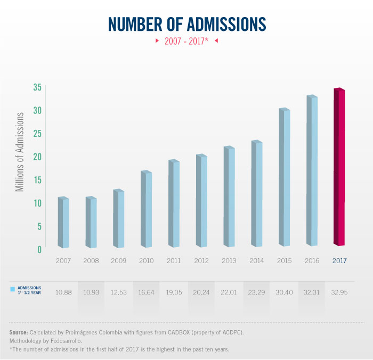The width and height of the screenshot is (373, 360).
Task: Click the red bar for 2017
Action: (339, 168)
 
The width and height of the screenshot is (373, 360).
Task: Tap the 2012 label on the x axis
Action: (201, 261)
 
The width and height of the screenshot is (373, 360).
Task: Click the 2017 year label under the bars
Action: (339, 261)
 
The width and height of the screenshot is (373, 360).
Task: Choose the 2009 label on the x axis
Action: (119, 261)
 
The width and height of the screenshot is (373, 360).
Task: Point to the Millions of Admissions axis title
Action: (20, 152)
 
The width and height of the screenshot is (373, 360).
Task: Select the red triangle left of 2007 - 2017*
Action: (156, 40)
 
